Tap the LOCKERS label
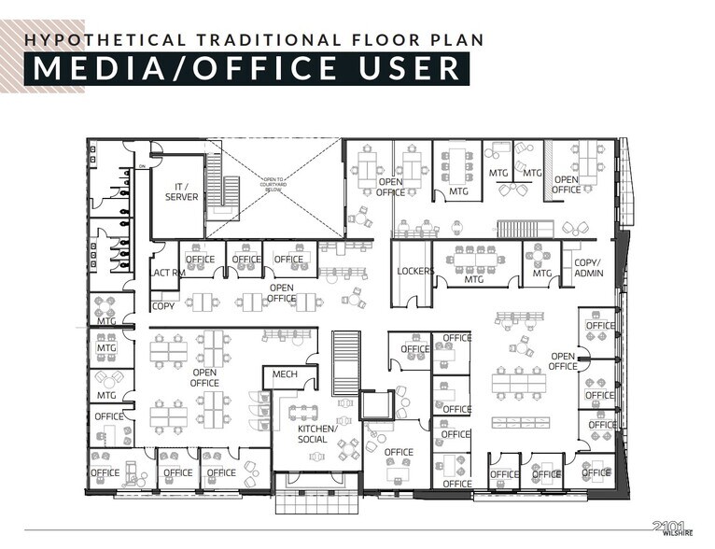tap(415, 272)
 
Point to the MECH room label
tap(284, 375)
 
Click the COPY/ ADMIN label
tap(587, 269)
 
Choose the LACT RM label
tap(165, 273)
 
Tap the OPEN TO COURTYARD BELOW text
tap(280, 183)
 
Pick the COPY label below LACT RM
tap(163, 306)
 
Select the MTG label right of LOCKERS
tap(474, 278)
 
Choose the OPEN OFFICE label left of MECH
tap(204, 377)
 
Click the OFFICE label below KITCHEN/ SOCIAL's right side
tap(399, 453)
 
